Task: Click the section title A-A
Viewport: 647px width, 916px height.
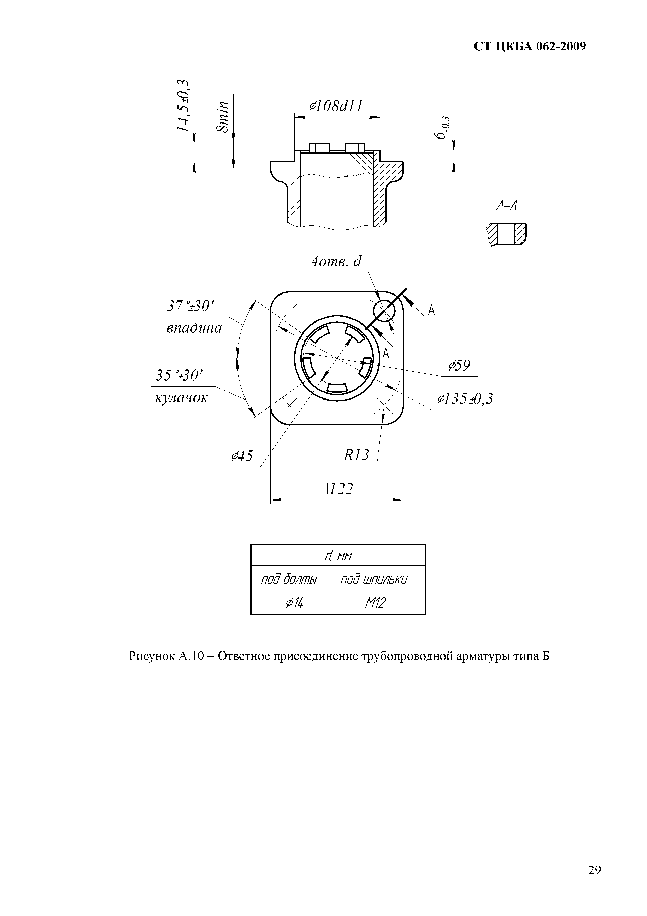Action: point(506,206)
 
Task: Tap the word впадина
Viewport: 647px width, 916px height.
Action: point(194,328)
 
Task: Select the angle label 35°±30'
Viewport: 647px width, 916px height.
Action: point(179,375)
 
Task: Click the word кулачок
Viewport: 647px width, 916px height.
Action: point(181,397)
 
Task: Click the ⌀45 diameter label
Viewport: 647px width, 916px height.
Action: point(242,456)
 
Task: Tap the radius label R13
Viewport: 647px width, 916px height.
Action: point(357,455)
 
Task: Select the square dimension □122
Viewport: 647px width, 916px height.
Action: point(335,489)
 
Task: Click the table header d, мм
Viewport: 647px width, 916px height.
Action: point(338,555)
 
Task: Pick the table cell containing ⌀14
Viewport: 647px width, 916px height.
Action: point(294,603)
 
